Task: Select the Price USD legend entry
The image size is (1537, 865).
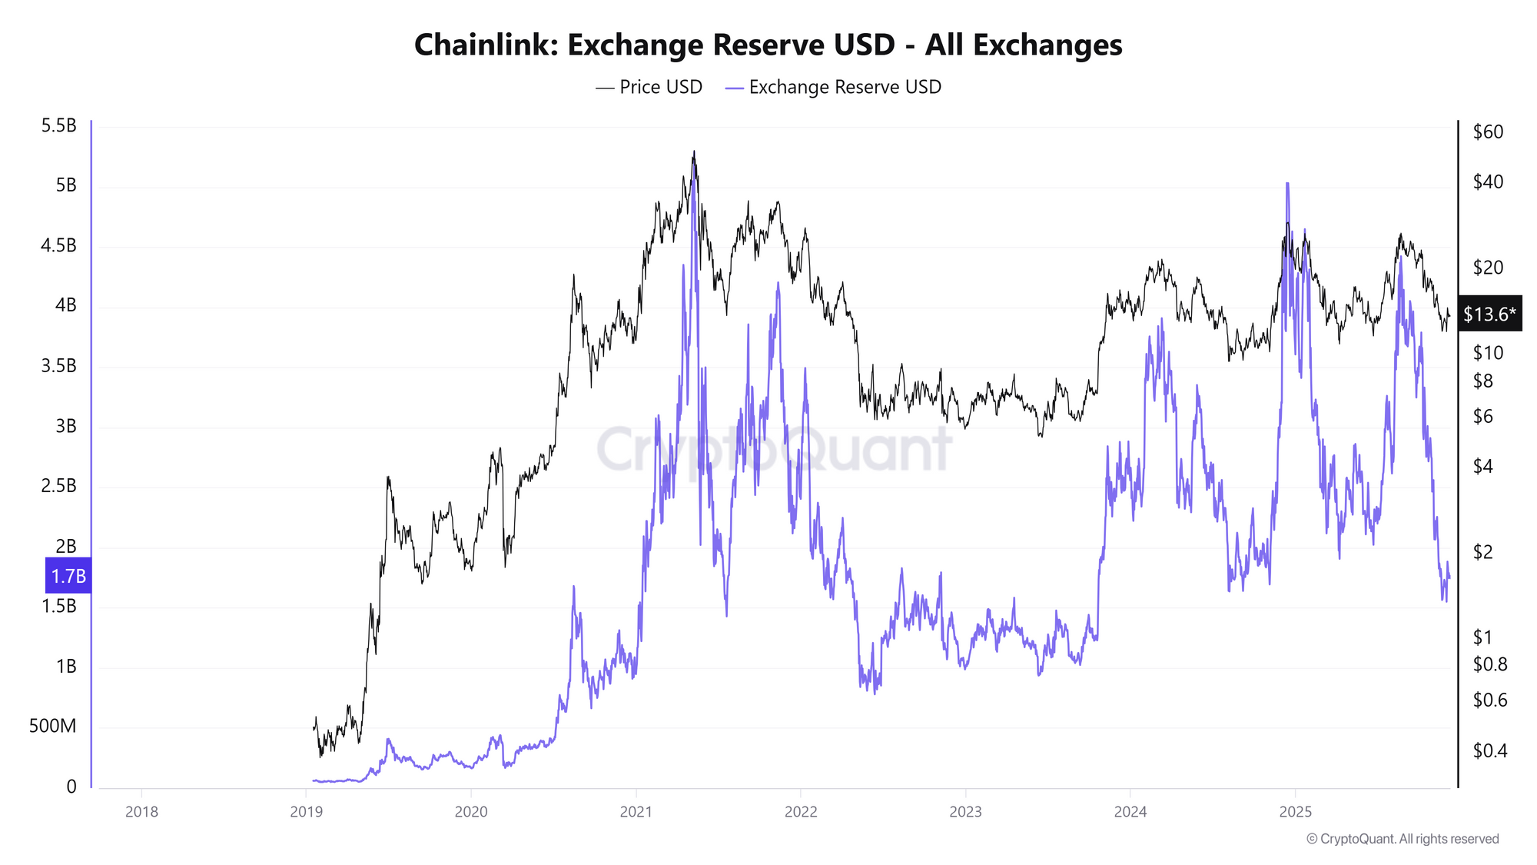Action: click(x=649, y=87)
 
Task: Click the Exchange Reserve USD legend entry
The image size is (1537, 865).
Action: click(x=834, y=87)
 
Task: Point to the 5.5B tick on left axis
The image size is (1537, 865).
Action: click(x=58, y=126)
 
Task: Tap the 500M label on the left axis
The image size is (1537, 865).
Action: click(x=52, y=727)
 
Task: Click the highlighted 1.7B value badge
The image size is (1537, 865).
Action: click(x=68, y=576)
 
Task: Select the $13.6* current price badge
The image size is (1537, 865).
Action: click(x=1489, y=314)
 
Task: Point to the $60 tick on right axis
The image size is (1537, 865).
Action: click(x=1488, y=132)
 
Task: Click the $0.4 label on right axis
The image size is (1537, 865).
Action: click(x=1489, y=751)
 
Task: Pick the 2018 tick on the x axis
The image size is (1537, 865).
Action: click(x=141, y=812)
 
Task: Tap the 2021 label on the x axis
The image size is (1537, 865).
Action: click(x=636, y=812)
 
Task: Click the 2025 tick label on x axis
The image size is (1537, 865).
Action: click(x=1295, y=812)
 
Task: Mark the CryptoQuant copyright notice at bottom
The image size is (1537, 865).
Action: click(x=1403, y=839)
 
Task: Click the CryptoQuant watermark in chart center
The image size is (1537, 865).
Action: click(x=774, y=450)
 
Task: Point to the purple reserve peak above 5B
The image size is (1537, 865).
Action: click(x=1287, y=185)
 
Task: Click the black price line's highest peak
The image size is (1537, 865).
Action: click(x=694, y=152)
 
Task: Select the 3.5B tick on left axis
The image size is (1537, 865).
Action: click(x=58, y=366)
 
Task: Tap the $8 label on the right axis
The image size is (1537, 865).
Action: click(x=1482, y=381)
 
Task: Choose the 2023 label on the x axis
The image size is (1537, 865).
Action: click(x=965, y=812)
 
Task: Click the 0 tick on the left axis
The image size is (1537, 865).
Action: click(x=71, y=787)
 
